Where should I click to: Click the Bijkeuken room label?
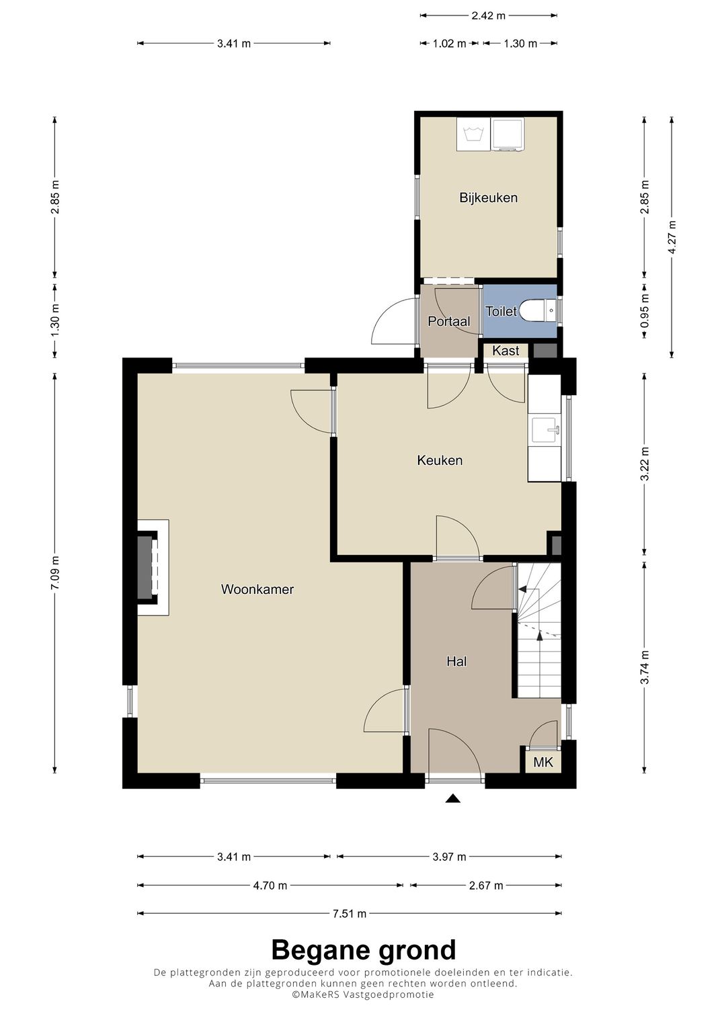click(488, 198)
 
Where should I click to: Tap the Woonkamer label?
click(257, 589)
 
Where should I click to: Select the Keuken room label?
click(440, 460)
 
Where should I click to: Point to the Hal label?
click(456, 661)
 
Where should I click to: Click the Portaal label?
click(449, 322)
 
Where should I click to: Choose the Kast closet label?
click(506, 351)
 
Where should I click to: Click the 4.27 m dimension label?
click(672, 237)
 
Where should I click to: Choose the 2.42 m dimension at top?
click(488, 15)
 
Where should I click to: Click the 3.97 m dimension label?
click(449, 857)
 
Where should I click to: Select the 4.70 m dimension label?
click(270, 886)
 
